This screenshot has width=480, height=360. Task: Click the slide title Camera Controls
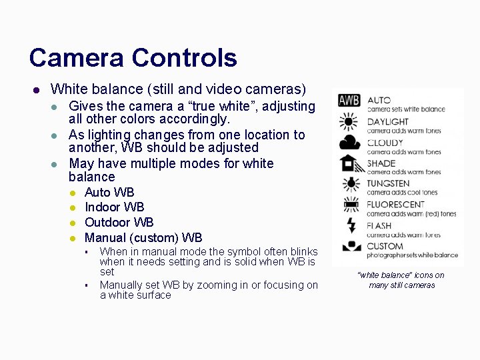[x=133, y=58]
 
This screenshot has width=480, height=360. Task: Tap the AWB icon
[x=349, y=101]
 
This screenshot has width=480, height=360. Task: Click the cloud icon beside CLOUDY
[x=349, y=142]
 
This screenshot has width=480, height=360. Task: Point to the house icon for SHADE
[x=349, y=163]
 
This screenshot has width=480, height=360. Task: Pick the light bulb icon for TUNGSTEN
[x=349, y=183]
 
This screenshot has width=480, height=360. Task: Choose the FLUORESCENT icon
[x=349, y=204]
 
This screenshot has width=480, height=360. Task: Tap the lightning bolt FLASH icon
[x=349, y=225]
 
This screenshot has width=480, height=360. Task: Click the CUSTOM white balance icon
[x=349, y=246]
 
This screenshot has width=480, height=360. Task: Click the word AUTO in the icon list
[x=379, y=101]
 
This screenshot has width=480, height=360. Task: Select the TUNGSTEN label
[x=388, y=183]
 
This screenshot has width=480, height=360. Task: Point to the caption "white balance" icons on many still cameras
[x=401, y=280]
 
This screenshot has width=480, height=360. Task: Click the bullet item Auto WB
[x=109, y=193]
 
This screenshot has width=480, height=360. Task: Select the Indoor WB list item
[x=114, y=207]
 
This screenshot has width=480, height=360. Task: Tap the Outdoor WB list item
[x=119, y=223]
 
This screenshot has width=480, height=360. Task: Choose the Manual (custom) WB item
[x=143, y=238]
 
